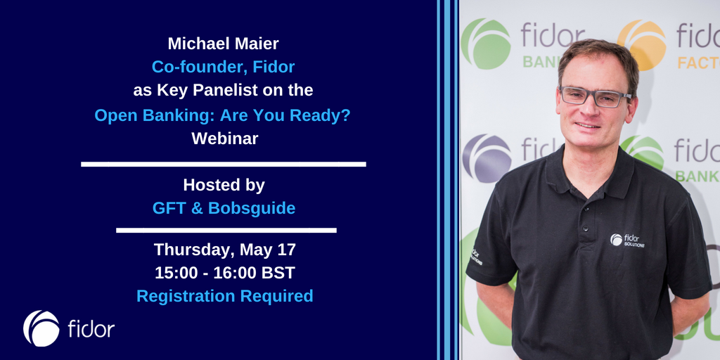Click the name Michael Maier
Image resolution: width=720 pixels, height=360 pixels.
pyautogui.click(x=224, y=44)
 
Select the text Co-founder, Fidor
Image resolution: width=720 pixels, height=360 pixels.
pyautogui.click(x=224, y=67)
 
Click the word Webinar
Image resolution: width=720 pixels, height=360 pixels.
pyautogui.click(x=224, y=139)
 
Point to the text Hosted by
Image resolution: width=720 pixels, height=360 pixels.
pyautogui.click(x=224, y=185)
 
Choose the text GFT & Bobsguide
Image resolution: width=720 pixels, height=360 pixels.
pyautogui.click(x=224, y=208)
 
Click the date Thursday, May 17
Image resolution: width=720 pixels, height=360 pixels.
pyautogui.click(x=224, y=249)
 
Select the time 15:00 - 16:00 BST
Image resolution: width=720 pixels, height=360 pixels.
pyautogui.click(x=224, y=272)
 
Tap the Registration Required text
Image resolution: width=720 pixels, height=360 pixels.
pyautogui.click(x=224, y=296)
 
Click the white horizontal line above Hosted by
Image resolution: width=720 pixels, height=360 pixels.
pyautogui.click(x=224, y=165)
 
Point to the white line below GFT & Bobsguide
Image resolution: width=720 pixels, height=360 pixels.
pyautogui.click(x=226, y=230)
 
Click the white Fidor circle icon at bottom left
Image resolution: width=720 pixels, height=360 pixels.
pyautogui.click(x=41, y=328)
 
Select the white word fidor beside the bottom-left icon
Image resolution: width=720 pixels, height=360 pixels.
pyautogui.click(x=91, y=329)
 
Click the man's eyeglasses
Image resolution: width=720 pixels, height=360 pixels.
pyautogui.click(x=594, y=96)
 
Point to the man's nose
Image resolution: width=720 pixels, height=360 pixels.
pyautogui.click(x=589, y=109)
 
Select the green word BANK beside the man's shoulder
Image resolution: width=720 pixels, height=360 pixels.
pyautogui.click(x=697, y=176)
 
